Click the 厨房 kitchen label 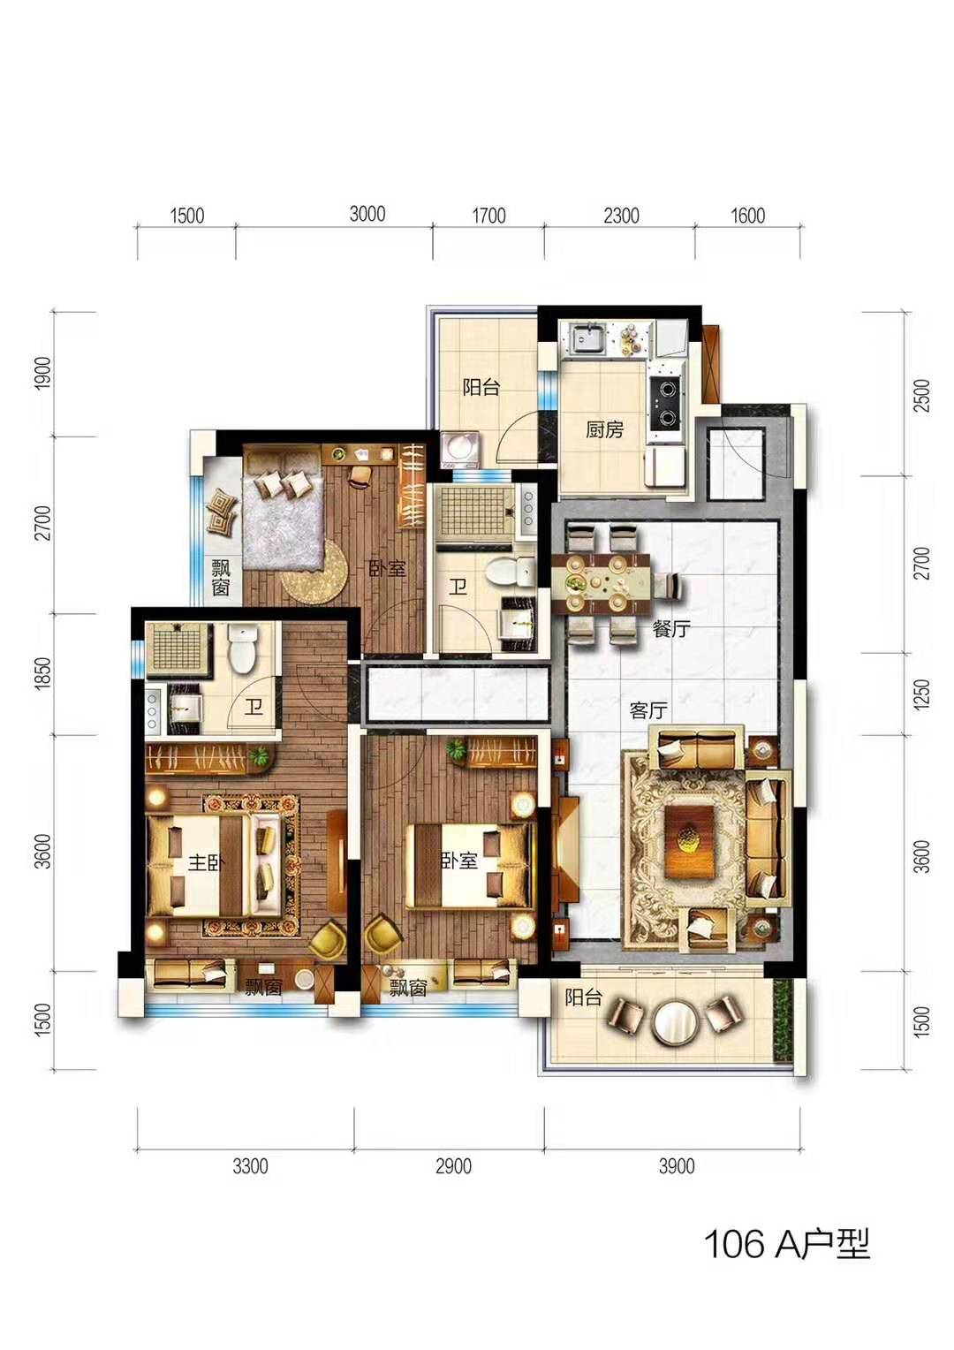coord(604,429)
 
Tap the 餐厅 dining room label coord(670,629)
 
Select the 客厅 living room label coord(647,711)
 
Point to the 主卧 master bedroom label coord(206,863)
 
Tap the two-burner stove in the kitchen coord(667,401)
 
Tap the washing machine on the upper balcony coord(460,450)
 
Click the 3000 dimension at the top coord(367,214)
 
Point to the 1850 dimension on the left coord(42,674)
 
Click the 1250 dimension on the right coord(921,694)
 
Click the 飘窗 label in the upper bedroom coord(221,577)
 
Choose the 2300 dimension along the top coord(621,216)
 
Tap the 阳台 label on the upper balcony coord(481,387)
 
